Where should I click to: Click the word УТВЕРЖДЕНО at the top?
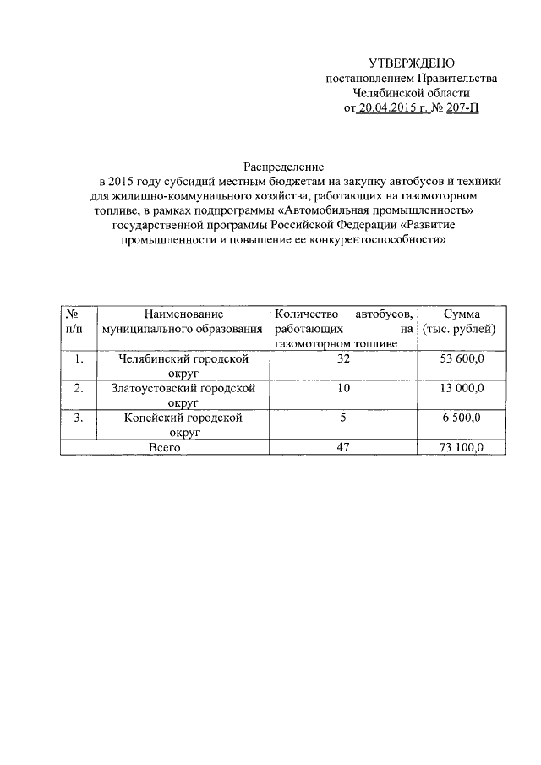coord(412,63)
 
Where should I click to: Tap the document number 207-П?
coord(462,108)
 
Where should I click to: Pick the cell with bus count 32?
coord(342,359)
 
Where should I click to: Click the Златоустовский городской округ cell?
coord(183,396)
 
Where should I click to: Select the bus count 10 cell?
coord(342,389)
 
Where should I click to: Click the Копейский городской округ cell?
coord(183,425)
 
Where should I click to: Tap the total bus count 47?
coord(342,447)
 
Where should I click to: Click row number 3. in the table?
coord(79,418)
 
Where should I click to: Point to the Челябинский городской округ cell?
coord(183,366)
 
